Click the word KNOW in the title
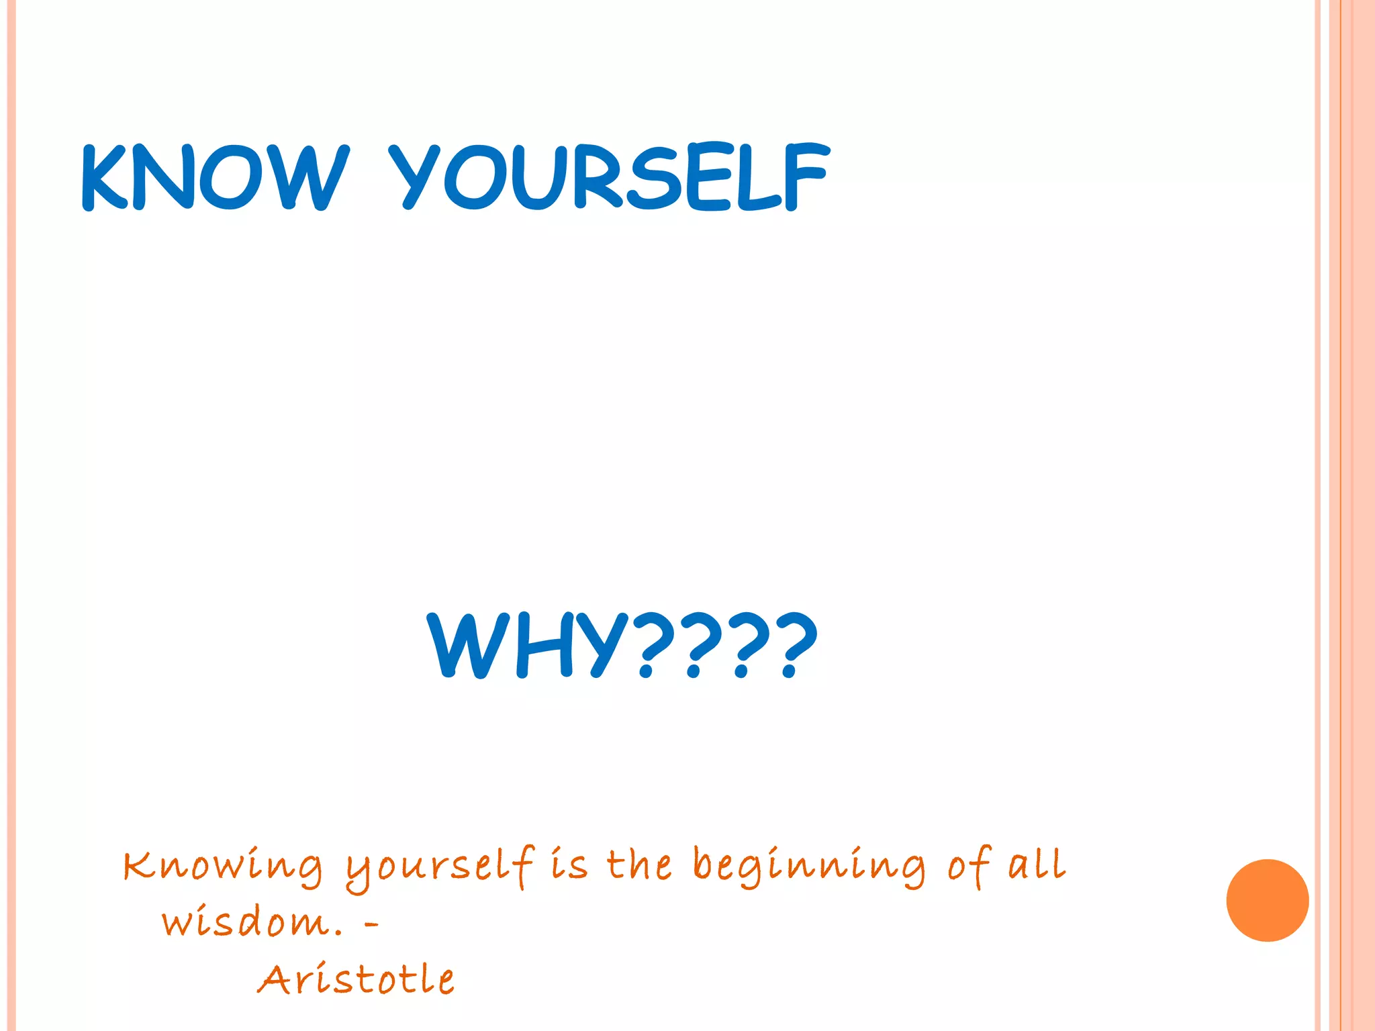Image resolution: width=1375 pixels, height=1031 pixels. click(x=215, y=177)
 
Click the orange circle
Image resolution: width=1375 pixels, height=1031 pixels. click(x=1267, y=900)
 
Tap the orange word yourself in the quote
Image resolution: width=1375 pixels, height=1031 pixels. click(x=440, y=867)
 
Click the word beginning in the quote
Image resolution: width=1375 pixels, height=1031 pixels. click(x=808, y=866)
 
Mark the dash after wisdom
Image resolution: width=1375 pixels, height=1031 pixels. click(x=371, y=925)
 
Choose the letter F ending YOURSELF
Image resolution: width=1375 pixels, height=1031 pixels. click(x=806, y=177)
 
